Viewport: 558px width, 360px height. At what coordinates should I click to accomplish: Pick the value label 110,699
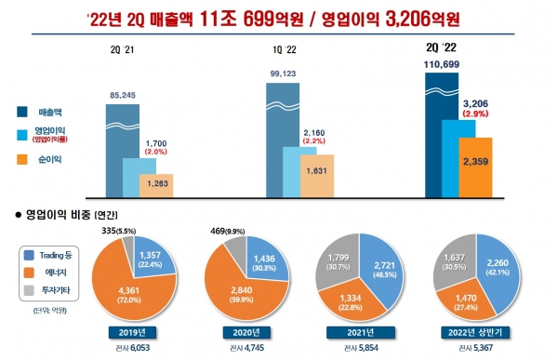pyautogui.click(x=443, y=62)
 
